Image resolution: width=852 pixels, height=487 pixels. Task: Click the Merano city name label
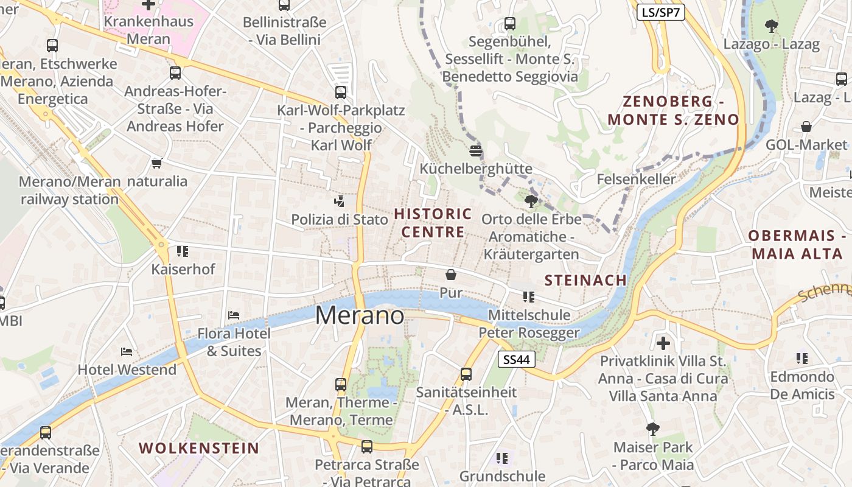pyautogui.click(x=359, y=315)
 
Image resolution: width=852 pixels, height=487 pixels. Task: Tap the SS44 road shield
pyautogui.click(x=516, y=360)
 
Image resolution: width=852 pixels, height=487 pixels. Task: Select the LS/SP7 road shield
pyautogui.click(x=661, y=12)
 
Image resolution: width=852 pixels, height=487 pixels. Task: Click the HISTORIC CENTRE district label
pyautogui.click(x=433, y=223)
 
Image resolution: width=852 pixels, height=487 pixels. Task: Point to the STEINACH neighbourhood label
pyautogui.click(x=585, y=280)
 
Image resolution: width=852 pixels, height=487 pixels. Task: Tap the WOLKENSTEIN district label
pyautogui.click(x=199, y=448)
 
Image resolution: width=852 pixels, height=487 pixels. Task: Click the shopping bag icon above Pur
pyautogui.click(x=451, y=275)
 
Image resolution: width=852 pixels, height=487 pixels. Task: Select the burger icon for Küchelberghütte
pyautogui.click(x=476, y=150)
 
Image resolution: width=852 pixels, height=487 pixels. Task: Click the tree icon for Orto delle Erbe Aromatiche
pyautogui.click(x=531, y=201)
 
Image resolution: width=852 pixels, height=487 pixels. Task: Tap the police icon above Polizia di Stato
pyautogui.click(x=339, y=201)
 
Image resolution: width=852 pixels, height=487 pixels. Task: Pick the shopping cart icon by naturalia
pyautogui.click(x=157, y=163)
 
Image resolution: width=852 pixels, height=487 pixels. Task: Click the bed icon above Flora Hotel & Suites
pyautogui.click(x=234, y=315)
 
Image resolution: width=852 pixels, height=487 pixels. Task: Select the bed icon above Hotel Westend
pyautogui.click(x=127, y=351)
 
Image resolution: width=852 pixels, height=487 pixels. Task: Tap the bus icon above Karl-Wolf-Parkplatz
pyautogui.click(x=341, y=93)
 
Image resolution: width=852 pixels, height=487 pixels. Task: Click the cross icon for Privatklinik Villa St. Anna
pyautogui.click(x=663, y=343)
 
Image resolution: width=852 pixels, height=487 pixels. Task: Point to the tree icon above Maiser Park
pyautogui.click(x=653, y=429)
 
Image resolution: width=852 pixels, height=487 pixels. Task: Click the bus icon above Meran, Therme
pyautogui.click(x=341, y=384)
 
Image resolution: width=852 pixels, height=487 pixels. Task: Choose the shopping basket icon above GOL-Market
pyautogui.click(x=806, y=127)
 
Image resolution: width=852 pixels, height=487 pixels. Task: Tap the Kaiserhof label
pyautogui.click(x=183, y=269)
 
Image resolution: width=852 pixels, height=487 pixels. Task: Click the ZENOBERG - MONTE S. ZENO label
pyautogui.click(x=673, y=110)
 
